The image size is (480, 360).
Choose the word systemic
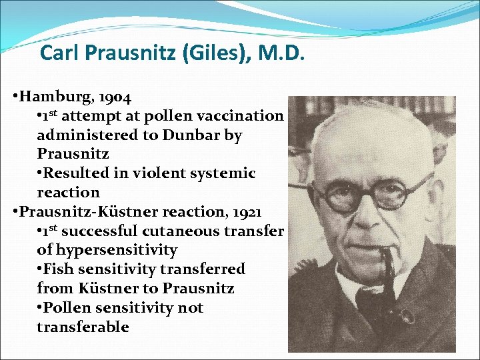coord(222,173)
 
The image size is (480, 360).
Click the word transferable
coord(83,327)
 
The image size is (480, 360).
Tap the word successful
coord(107,231)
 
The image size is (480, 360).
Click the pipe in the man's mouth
coord(388,267)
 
